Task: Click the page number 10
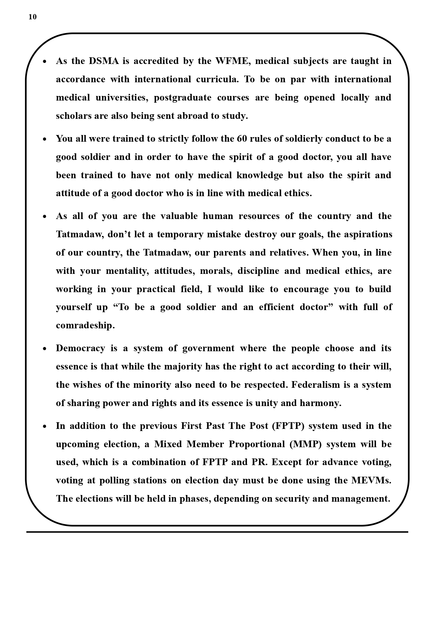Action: point(32,17)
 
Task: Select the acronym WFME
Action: point(232,61)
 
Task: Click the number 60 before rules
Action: point(242,139)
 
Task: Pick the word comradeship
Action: point(85,325)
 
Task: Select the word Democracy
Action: point(80,348)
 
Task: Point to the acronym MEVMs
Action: point(371,480)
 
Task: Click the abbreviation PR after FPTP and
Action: point(259,462)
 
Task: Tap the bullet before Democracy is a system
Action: point(45,349)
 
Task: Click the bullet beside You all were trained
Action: point(45,139)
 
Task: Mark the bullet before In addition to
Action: point(45,426)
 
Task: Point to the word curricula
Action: point(217,79)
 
